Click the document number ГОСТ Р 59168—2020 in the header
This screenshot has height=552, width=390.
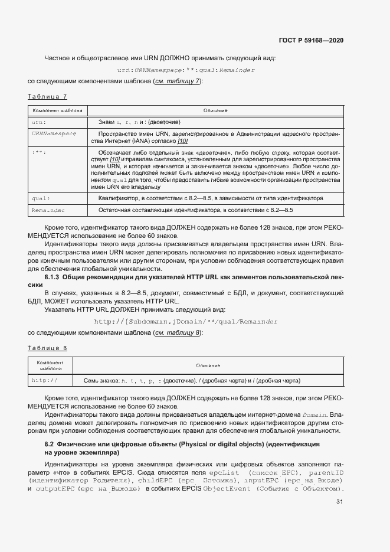click(x=311, y=41)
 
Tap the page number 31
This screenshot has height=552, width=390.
click(x=339, y=502)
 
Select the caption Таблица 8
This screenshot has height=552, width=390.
click(x=48, y=348)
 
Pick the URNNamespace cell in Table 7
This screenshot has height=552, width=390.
click(x=54, y=133)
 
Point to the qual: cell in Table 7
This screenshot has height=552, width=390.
click(x=41, y=198)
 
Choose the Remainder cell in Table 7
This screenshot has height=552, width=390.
click(x=48, y=210)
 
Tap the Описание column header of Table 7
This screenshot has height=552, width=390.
click(x=215, y=110)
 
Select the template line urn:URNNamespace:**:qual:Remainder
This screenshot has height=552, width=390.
click(x=186, y=70)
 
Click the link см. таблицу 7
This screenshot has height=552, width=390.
click(x=177, y=81)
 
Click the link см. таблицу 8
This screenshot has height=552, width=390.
click(x=177, y=333)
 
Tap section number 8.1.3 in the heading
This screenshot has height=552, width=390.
click(x=54, y=277)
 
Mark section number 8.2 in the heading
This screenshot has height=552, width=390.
click(x=50, y=443)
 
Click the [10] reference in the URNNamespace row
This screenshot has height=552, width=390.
click(x=182, y=141)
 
